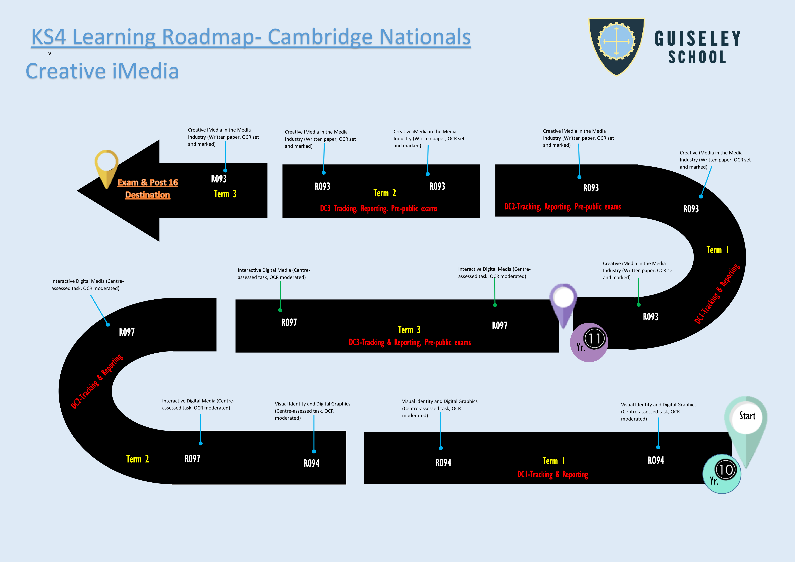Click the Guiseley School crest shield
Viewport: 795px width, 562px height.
click(x=616, y=45)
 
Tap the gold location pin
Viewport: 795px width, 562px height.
click(x=106, y=166)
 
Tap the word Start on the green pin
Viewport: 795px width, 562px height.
click(x=747, y=416)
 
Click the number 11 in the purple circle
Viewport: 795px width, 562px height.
click(x=594, y=339)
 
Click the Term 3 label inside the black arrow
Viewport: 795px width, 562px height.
click(x=225, y=194)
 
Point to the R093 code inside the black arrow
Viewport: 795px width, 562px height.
click(x=219, y=179)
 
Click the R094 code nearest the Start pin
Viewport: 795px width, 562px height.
click(x=656, y=460)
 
